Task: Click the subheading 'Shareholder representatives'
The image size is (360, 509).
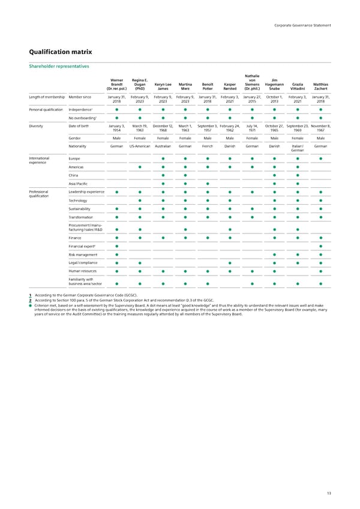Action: [59, 67]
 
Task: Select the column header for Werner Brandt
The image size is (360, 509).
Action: [117, 85]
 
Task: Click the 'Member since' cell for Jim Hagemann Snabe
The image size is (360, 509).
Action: [274, 99]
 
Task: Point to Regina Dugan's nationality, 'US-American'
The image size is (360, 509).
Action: [140, 146]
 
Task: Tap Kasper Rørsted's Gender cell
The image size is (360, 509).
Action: [230, 137]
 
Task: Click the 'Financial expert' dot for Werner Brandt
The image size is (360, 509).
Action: [117, 247]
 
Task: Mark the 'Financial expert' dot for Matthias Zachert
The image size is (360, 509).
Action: [321, 247]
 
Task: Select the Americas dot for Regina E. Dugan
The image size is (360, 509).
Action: [140, 167]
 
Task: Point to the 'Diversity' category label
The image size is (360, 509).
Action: [38, 125]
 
